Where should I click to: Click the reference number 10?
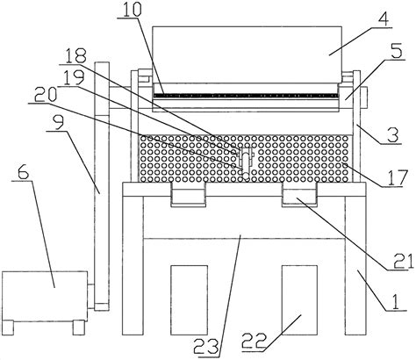pyautogui.click(x=132, y=10)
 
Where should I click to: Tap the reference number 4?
pyautogui.click(x=384, y=18)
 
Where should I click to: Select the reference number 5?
pyautogui.click(x=397, y=52)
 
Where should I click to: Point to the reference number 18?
pyautogui.click(x=75, y=55)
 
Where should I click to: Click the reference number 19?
pyautogui.click(x=75, y=77)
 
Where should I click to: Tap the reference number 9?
pyautogui.click(x=59, y=124)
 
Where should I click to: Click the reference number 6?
pyautogui.click(x=24, y=173)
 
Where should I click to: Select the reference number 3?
pyautogui.click(x=393, y=135)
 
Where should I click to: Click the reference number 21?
pyautogui.click(x=404, y=261)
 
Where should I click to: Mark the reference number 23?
pyautogui.click(x=207, y=347)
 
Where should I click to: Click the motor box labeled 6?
pyautogui.click(x=45, y=296)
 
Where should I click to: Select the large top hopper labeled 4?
pyautogui.click(x=247, y=54)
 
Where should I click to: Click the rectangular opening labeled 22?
pyautogui.click(x=299, y=300)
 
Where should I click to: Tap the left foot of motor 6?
pyautogui.click(x=8, y=328)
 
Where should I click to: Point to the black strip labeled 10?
pyautogui.click(x=246, y=96)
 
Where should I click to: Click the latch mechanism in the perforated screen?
pyautogui.click(x=246, y=162)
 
